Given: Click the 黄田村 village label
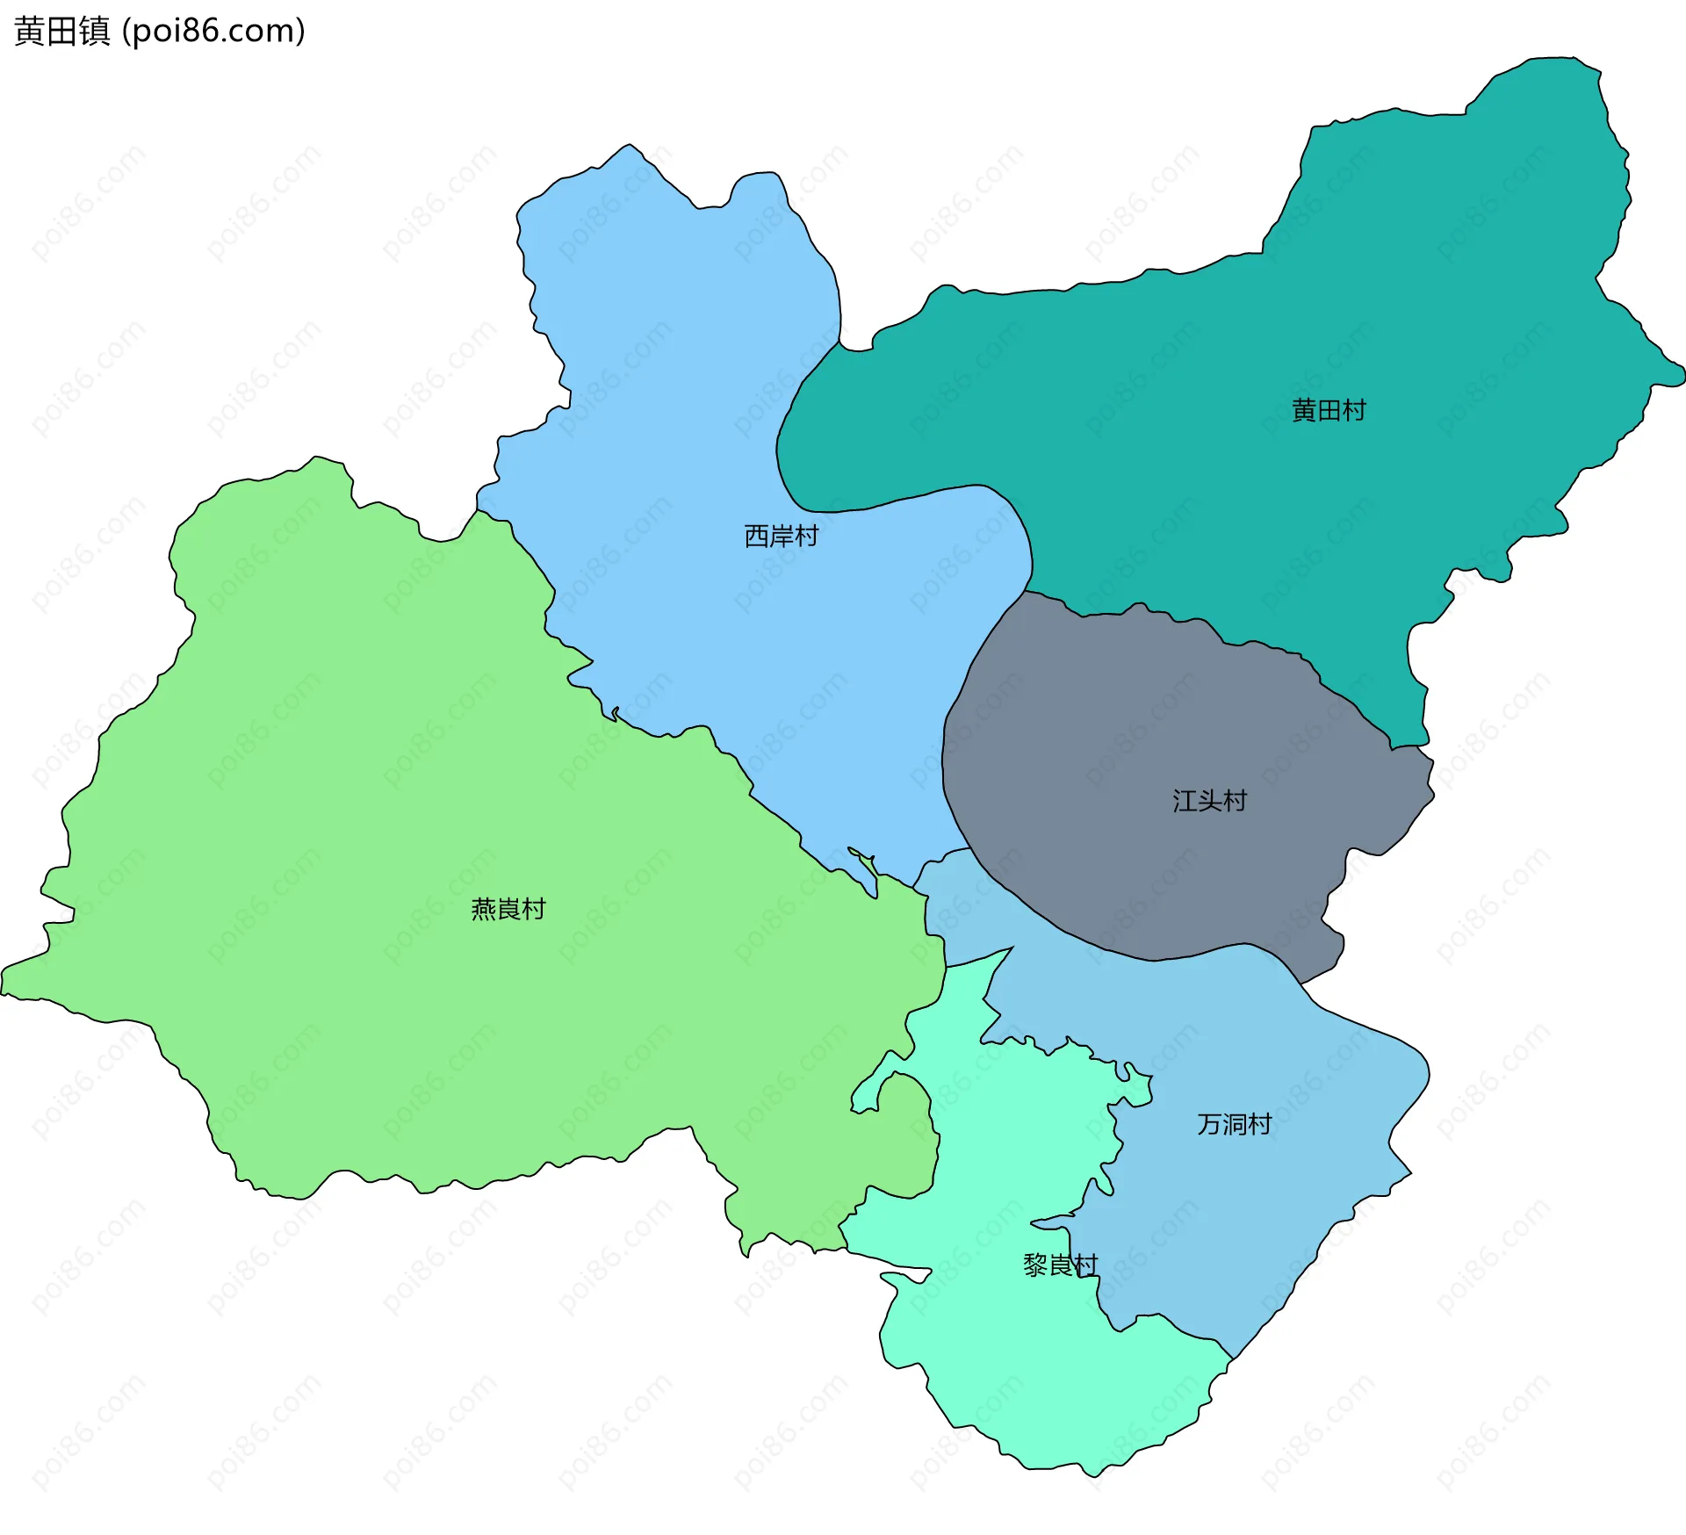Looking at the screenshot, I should tap(1329, 410).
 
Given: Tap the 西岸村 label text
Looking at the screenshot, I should tap(781, 536).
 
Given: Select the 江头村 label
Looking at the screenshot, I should tap(1209, 801).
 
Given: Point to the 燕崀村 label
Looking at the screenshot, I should tap(508, 909).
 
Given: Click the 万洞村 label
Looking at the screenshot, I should tap(1234, 1124).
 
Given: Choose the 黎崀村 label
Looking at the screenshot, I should tap(1060, 1265).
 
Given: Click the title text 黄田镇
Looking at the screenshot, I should tap(62, 31).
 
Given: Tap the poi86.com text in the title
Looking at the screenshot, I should tap(213, 31).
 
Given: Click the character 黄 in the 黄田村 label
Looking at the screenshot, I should tap(1304, 410).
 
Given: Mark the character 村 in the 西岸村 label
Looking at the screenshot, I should tap(806, 536).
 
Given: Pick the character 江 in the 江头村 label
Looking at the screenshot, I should tap(1185, 801).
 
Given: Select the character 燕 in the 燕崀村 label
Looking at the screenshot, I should tap(484, 909).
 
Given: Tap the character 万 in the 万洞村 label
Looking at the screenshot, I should tap(1209, 1124).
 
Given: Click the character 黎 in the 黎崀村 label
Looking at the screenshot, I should tap(1035, 1265).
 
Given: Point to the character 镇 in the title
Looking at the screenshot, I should tap(95, 31).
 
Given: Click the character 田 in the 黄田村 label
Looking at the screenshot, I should tap(1329, 410).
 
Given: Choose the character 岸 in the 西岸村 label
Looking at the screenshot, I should tap(781, 536).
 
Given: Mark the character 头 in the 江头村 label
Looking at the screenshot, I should tap(1209, 801).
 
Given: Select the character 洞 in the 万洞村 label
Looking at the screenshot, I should tap(1234, 1124).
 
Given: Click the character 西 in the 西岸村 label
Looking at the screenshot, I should tap(756, 536).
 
